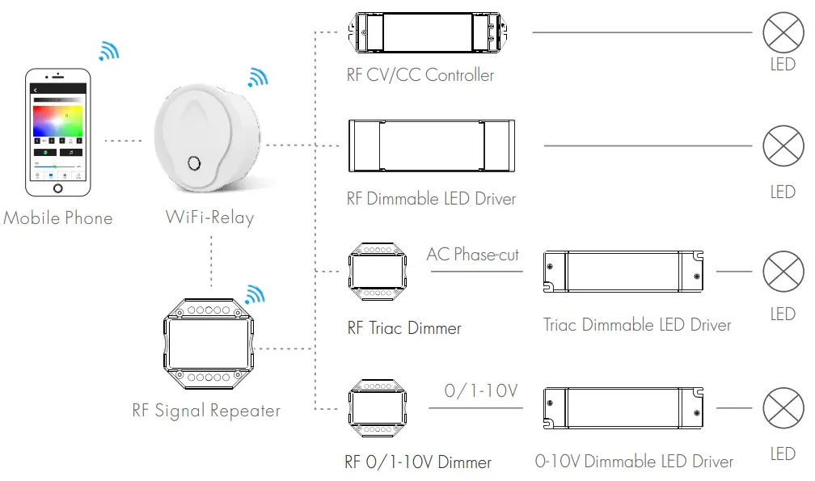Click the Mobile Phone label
pos(58,218)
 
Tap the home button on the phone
pos(57,188)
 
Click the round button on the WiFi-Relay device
pos(195,163)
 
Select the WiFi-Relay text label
pos(209,217)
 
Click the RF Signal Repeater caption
pos(206,411)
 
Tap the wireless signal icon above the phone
pos(108,50)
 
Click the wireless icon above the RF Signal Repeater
pos(255,294)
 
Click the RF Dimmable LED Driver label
pos(431,199)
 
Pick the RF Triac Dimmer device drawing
pos(373,270)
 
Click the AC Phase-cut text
pos(473,255)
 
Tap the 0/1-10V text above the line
pos(480,392)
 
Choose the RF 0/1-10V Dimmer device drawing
pos(373,407)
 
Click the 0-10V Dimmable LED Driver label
pos(634,462)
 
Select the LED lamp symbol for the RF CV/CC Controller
pos(782,33)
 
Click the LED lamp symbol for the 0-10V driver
pos(782,407)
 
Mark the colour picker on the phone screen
pos(57,122)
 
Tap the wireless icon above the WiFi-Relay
pos(257,78)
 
